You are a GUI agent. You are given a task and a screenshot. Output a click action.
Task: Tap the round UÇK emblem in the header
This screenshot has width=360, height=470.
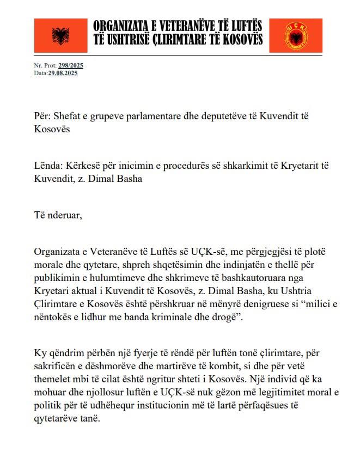(297, 35)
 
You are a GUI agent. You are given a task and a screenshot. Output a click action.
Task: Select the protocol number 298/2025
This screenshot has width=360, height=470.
(71, 66)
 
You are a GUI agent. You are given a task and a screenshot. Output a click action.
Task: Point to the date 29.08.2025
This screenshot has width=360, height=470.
(63, 73)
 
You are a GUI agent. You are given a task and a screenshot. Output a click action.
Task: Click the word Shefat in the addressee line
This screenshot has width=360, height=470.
(66, 117)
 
